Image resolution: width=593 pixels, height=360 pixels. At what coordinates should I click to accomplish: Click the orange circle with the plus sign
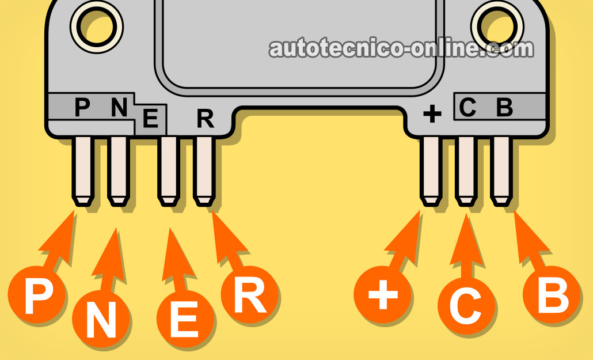coord(383,297)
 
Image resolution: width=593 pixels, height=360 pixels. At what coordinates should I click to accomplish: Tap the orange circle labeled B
coord(551,296)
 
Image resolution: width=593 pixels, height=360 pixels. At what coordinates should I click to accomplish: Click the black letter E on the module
coord(150,119)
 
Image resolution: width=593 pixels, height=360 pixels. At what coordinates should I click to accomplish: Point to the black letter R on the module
coord(205,118)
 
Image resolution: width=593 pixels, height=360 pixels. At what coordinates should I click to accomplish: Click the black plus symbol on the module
coord(432,115)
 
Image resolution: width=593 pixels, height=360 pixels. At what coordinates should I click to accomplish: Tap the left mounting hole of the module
coord(97,24)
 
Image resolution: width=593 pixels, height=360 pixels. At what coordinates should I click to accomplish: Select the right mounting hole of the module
coord(497,24)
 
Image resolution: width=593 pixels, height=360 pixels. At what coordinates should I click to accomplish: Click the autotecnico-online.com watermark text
coord(401,50)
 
